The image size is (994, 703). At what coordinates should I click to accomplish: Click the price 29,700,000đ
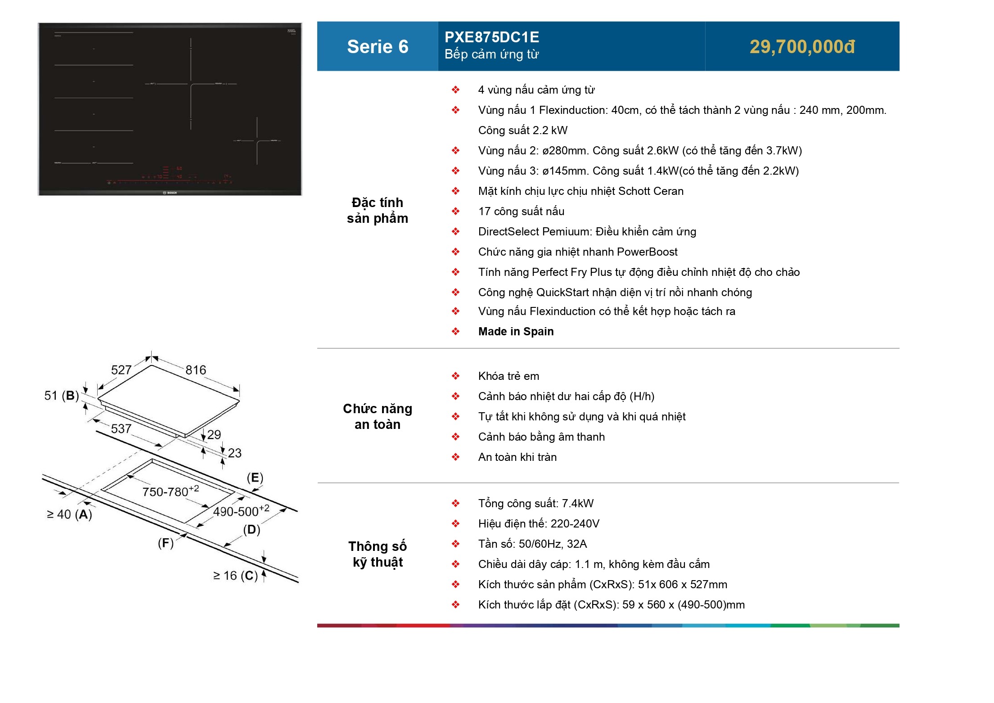[802, 47]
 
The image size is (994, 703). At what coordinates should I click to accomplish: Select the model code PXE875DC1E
[491, 37]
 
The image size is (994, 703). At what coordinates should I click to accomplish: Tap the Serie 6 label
[377, 47]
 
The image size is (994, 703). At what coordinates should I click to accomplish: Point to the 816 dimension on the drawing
[196, 370]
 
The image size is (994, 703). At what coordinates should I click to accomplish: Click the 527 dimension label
[121, 370]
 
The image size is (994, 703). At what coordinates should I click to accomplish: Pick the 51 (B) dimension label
[62, 396]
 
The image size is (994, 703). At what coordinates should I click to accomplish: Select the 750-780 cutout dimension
[170, 491]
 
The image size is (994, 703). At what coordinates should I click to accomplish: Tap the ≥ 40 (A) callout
[70, 514]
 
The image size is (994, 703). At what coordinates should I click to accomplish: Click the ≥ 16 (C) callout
[235, 576]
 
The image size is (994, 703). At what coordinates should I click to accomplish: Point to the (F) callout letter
[166, 543]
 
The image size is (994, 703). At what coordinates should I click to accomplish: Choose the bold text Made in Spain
[516, 332]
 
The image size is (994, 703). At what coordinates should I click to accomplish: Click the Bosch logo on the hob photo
[170, 193]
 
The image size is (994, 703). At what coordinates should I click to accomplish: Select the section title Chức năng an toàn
[377, 416]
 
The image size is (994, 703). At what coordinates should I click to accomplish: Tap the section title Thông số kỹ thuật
[377, 554]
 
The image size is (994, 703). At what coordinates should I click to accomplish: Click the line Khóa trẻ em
[508, 376]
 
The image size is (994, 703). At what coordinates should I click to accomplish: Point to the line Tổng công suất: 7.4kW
[535, 504]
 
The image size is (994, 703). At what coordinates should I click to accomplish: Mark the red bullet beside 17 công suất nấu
[455, 212]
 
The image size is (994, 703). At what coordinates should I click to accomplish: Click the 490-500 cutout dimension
[240, 511]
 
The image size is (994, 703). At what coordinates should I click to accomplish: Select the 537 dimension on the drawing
[121, 428]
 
